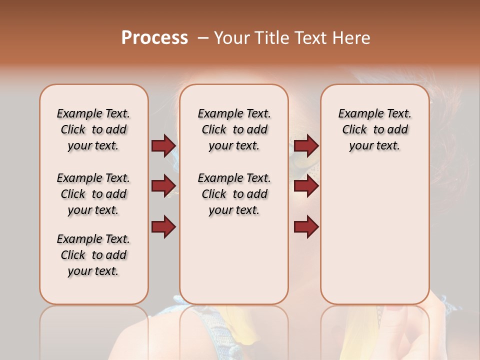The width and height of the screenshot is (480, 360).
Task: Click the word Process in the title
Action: point(154,38)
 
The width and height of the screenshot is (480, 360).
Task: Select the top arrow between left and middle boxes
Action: point(163,145)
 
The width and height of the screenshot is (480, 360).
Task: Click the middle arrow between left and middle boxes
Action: point(163,186)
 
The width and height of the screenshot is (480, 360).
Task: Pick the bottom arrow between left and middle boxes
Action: point(163,227)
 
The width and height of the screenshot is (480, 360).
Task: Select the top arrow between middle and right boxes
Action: point(306,145)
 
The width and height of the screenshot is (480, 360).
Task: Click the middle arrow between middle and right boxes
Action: point(306,186)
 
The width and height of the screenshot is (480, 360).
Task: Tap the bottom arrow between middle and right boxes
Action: point(306,227)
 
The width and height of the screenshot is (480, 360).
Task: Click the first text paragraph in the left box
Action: point(93,129)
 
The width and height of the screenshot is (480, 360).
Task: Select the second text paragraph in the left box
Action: point(93,194)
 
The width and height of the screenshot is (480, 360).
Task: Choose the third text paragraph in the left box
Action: point(93,255)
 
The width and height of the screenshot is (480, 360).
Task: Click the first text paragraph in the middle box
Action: point(234,129)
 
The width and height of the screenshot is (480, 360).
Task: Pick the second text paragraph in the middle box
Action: point(234,194)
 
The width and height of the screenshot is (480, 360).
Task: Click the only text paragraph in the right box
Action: point(374,129)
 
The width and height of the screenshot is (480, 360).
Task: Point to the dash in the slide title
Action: point(203,38)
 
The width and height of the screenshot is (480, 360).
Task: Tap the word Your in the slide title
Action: point(232,38)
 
